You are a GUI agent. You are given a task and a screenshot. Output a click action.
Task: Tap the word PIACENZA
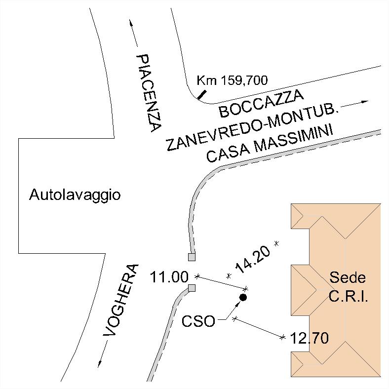(149, 93)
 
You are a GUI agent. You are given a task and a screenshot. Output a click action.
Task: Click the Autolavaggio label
(75, 195)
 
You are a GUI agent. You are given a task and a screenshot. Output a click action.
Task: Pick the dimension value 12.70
(310, 339)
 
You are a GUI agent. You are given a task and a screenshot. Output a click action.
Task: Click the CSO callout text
(198, 321)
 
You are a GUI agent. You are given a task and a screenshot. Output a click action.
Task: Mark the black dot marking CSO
(243, 297)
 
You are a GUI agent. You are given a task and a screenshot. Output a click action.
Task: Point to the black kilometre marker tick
(202, 94)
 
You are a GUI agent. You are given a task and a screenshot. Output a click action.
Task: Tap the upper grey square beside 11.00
(192, 257)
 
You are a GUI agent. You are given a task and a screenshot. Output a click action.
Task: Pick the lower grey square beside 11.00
(192, 288)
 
